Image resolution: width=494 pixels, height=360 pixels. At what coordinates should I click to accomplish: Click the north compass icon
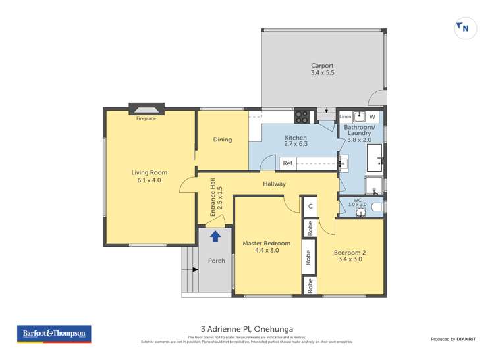(466, 28)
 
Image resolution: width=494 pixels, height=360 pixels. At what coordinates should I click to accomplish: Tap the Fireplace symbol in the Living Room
(146, 109)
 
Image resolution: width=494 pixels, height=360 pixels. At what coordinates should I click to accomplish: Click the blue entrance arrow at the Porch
(215, 236)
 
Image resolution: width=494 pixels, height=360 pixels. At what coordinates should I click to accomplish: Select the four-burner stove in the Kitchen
(302, 116)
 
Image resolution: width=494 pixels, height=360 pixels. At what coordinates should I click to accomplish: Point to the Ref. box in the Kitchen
(288, 163)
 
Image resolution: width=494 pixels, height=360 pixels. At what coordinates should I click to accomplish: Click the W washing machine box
(372, 116)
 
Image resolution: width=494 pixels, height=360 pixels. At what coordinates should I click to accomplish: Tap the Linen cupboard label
(345, 116)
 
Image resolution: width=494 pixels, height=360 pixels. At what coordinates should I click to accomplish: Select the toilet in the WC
(375, 207)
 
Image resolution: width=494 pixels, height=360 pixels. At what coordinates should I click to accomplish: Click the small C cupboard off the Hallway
(310, 206)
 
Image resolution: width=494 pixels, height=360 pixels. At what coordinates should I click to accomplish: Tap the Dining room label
(223, 140)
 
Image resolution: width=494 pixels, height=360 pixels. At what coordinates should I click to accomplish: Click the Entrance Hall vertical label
(213, 202)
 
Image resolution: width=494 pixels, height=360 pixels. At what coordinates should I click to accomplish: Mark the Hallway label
(274, 184)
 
